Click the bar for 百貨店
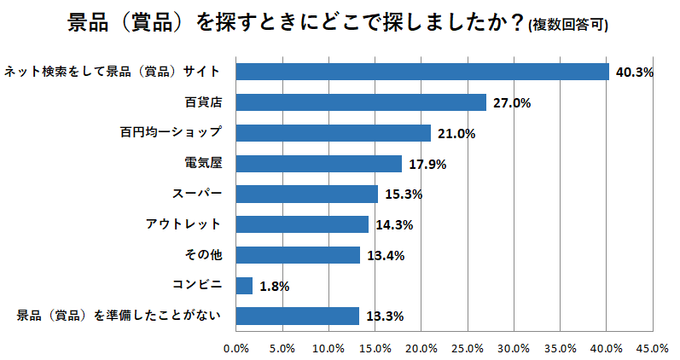[360, 102]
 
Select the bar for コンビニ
[244, 286]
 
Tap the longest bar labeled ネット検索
[421, 72]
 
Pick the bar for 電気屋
[318, 164]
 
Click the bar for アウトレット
[302, 224]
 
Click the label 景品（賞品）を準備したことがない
[119, 316]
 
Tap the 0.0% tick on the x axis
[235, 348]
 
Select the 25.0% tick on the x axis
[468, 348]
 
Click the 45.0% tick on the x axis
[653, 348]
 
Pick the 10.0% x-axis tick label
[328, 348]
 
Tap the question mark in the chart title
[514, 23]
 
